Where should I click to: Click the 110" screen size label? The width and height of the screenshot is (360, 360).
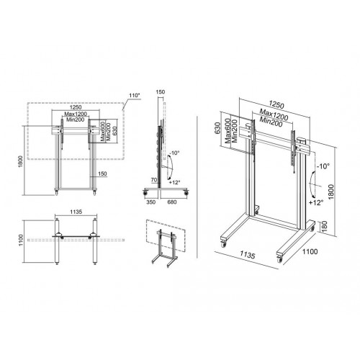132,94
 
